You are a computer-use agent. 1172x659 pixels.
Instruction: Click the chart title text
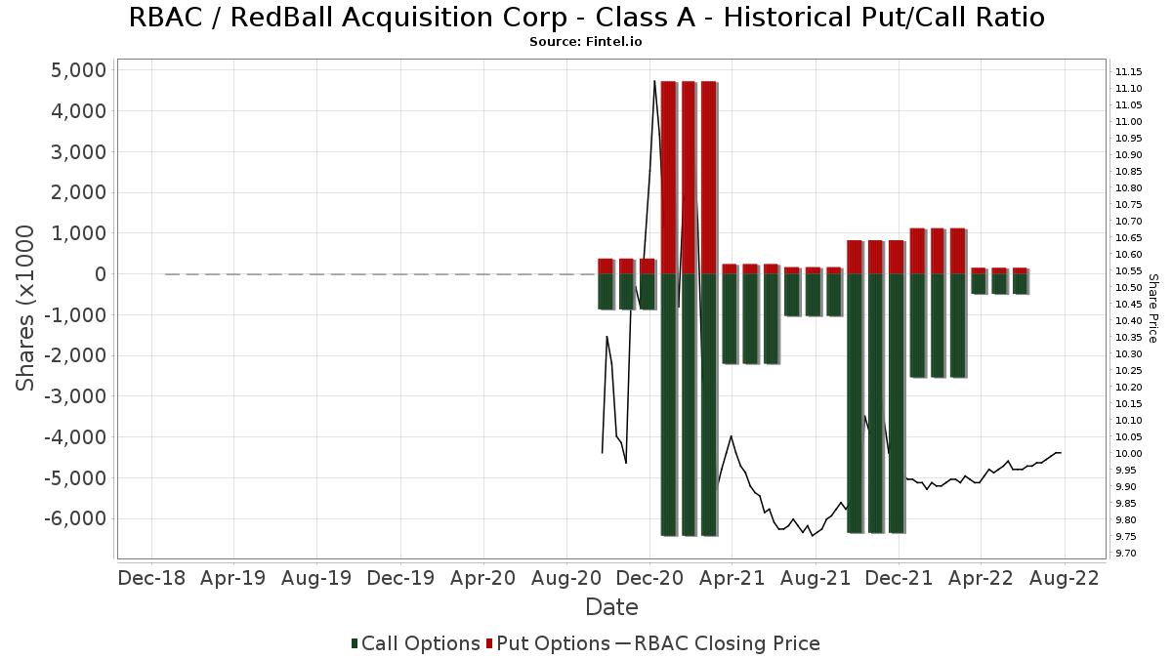tap(586, 18)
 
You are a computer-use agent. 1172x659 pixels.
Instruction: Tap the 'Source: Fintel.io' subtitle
tap(586, 42)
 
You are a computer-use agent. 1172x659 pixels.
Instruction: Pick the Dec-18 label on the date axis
tap(151, 578)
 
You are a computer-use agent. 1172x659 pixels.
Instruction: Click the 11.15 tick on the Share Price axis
tap(1129, 72)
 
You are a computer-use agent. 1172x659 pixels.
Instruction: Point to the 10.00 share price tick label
tap(1129, 454)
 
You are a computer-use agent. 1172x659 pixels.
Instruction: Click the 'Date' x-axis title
tap(611, 607)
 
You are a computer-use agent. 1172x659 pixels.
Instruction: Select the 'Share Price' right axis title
tap(1153, 308)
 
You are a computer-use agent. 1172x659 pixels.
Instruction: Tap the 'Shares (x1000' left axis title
tap(26, 308)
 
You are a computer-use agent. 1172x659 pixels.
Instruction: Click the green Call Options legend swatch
tap(356, 643)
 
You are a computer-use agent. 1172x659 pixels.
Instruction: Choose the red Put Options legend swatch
tap(490, 643)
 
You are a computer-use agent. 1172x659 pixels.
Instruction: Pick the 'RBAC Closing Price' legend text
tap(727, 643)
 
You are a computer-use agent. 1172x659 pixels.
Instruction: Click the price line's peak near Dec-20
tap(654, 81)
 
